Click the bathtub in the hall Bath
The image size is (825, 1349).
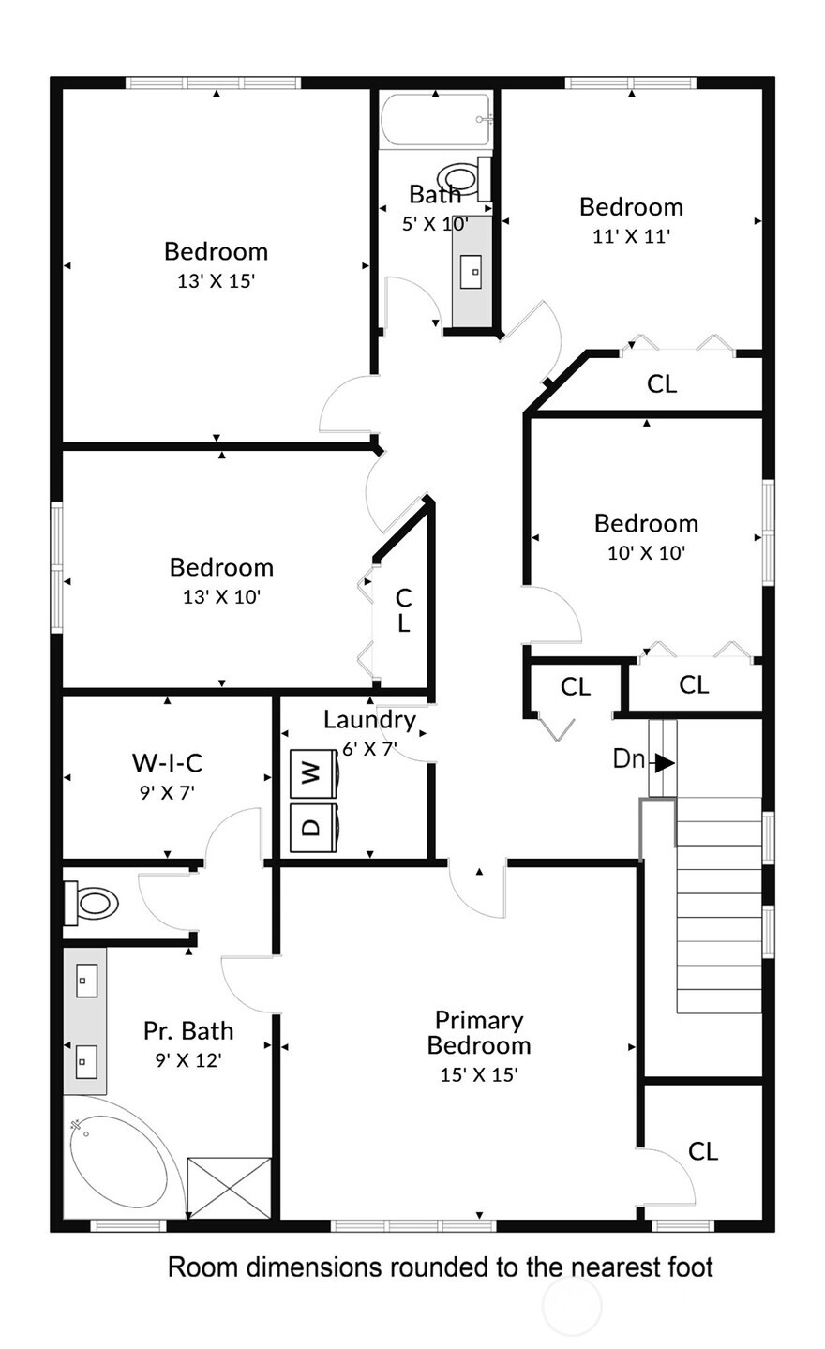[x=436, y=120]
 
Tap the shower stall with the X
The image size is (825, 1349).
[x=229, y=1188]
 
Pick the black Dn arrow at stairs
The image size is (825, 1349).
[x=664, y=761]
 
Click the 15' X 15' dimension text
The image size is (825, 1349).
[x=479, y=1074]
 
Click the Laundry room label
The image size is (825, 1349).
[x=369, y=720]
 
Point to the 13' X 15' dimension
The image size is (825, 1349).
[x=216, y=280]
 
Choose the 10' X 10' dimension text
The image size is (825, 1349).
[x=646, y=552]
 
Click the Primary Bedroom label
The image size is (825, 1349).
[x=479, y=1032]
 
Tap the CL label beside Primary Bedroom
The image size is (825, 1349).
[x=703, y=1151]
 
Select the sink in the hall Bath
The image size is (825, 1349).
[x=474, y=271]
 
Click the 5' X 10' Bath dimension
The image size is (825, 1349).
[x=434, y=224]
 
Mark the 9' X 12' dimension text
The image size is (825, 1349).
[x=188, y=1060]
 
